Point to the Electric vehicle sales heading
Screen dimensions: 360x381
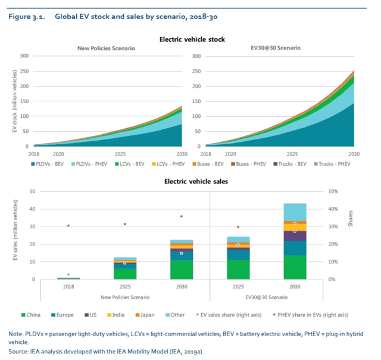coord(191,181)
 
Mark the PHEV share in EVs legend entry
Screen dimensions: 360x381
coord(318,314)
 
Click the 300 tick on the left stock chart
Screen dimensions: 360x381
coord(24,56)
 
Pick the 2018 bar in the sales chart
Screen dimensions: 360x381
coord(68,278)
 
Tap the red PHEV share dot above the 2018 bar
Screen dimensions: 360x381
coord(68,225)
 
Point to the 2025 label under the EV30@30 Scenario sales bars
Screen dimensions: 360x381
coord(239,287)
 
